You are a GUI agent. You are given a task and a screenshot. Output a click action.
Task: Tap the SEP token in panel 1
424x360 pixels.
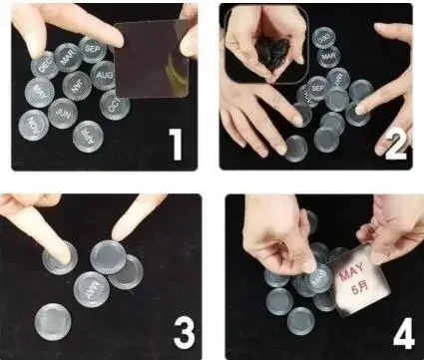tap(92, 47)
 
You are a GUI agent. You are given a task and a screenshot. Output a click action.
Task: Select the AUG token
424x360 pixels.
tap(103, 75)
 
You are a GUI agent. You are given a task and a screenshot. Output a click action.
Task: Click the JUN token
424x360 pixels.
tap(62, 115)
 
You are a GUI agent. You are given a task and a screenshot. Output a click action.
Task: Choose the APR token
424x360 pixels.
tap(88, 134)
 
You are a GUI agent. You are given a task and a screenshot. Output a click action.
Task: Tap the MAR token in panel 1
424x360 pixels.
tap(68, 57)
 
